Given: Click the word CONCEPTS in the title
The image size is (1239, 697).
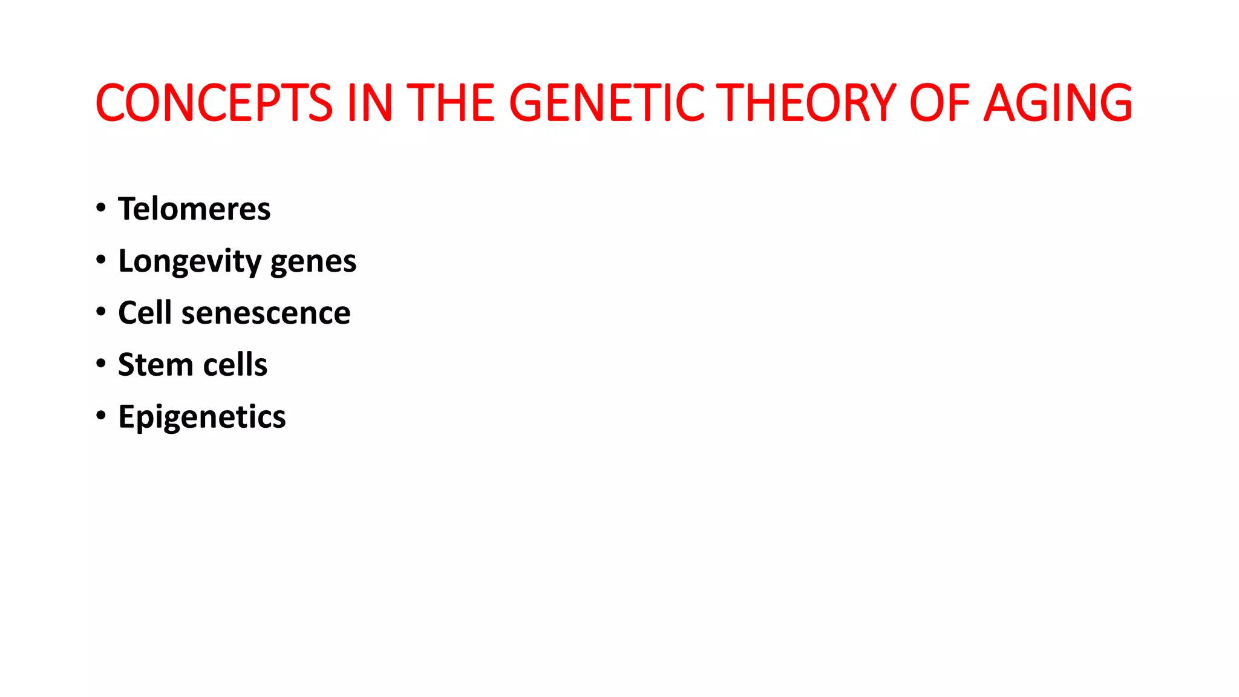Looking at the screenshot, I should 214,103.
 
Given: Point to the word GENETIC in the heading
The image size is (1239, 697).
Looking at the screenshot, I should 607,103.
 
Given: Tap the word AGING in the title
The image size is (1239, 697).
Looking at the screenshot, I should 1058,103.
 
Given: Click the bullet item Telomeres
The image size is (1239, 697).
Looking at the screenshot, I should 194,209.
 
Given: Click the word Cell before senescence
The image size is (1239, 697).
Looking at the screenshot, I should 145,313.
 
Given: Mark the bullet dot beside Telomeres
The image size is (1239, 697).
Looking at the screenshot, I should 101,208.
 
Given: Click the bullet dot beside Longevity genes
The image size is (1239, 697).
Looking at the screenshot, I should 101,260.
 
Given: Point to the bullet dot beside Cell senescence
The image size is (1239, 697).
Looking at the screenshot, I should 101,312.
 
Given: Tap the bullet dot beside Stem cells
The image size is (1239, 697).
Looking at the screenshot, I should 101,364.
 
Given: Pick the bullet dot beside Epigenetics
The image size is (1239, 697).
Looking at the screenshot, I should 101,416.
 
